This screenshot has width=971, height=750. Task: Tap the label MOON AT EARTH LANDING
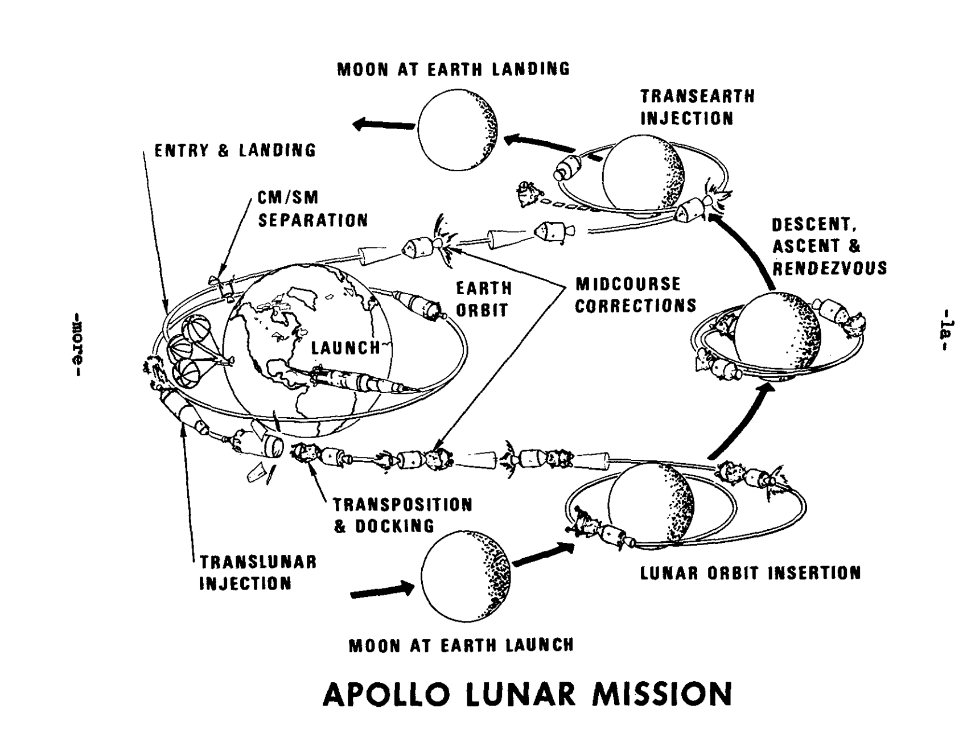(x=453, y=69)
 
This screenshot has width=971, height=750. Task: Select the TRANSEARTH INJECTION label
(x=698, y=107)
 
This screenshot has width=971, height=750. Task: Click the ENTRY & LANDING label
(x=236, y=150)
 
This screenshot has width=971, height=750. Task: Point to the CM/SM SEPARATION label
(x=313, y=209)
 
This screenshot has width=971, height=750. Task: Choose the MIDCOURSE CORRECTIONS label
(x=636, y=295)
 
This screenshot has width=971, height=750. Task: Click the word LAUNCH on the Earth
(x=345, y=347)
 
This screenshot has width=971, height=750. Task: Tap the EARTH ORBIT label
(x=484, y=299)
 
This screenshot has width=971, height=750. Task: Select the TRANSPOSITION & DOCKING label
(x=402, y=515)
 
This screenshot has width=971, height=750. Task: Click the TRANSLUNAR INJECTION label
(x=258, y=573)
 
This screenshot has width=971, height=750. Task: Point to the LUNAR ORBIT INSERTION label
(x=751, y=572)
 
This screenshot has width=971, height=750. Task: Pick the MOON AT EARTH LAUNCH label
(x=461, y=645)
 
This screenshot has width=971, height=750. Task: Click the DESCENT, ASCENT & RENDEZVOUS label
(x=829, y=246)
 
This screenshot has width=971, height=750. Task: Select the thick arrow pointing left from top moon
(x=383, y=124)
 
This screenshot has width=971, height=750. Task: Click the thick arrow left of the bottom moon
(x=382, y=590)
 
